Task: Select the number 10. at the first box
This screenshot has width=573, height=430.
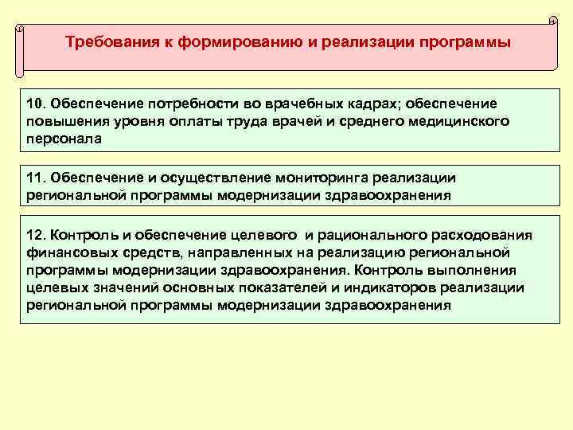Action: (x=37, y=104)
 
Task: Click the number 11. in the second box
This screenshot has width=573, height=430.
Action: (x=37, y=177)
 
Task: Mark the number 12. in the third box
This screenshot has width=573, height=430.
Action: (x=37, y=236)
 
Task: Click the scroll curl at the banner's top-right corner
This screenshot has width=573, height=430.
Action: (x=552, y=20)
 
